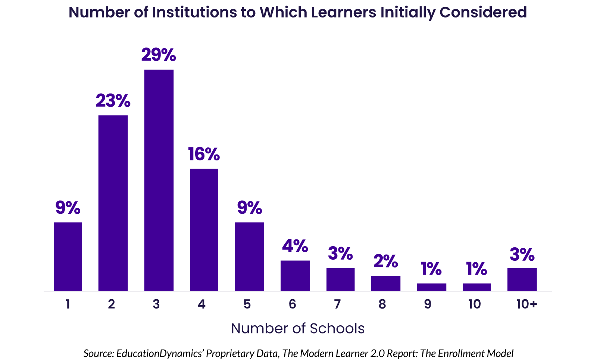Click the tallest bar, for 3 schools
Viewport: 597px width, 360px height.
pyautogui.click(x=159, y=180)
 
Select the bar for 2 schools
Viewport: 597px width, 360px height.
pyautogui.click(x=113, y=203)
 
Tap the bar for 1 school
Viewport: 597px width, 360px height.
pyautogui.click(x=68, y=257)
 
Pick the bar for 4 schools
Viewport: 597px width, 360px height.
pyautogui.click(x=204, y=229)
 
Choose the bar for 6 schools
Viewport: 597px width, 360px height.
pyautogui.click(x=295, y=276)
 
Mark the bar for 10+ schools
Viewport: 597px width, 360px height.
pyautogui.click(x=522, y=279)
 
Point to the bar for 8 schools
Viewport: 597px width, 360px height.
pyautogui.click(x=385, y=283)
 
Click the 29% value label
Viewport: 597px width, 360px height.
pyautogui.click(x=159, y=55)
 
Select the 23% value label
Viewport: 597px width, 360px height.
pyautogui.click(x=113, y=101)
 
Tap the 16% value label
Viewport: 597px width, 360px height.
pyautogui.click(x=204, y=154)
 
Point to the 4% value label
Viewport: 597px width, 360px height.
pyautogui.click(x=295, y=246)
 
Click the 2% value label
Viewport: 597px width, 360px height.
pyautogui.click(x=385, y=261)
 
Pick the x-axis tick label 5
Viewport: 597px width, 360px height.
pyautogui.click(x=247, y=304)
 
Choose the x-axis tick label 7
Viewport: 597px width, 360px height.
pyautogui.click(x=337, y=304)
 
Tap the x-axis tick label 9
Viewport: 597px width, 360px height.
pyautogui.click(x=428, y=304)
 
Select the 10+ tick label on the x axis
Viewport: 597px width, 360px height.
pyautogui.click(x=526, y=304)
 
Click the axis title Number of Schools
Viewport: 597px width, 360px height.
pyautogui.click(x=298, y=329)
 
